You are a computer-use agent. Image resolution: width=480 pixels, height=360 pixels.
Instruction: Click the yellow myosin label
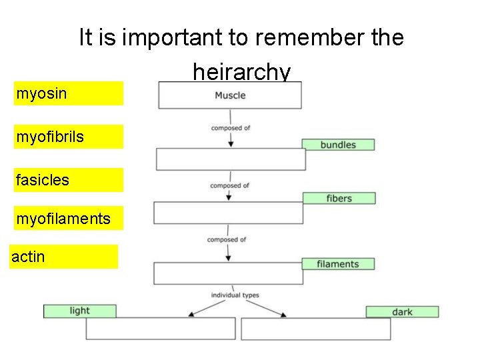(x=69, y=93)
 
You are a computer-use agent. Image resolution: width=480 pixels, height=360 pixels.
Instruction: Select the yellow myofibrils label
(x=69, y=137)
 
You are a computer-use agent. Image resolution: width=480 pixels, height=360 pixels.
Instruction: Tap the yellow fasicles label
(x=69, y=180)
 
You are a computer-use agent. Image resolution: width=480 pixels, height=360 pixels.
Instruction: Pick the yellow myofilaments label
(x=69, y=217)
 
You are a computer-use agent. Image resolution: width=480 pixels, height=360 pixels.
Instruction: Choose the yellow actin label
(x=64, y=256)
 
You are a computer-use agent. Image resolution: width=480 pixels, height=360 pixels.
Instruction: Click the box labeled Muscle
(x=229, y=95)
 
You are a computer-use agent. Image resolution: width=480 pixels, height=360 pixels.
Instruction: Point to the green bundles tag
(x=338, y=145)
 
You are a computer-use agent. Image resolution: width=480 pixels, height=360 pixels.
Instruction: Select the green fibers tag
(x=339, y=198)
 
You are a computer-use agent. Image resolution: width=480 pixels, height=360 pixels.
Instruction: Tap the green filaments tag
(x=337, y=264)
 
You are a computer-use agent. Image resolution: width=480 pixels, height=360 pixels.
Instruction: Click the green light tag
(x=79, y=311)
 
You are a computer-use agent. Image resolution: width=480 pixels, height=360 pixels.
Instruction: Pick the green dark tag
(x=402, y=311)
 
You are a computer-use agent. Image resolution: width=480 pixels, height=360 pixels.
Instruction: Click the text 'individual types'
(x=235, y=295)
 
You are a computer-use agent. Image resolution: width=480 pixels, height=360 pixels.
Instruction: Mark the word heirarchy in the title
(x=241, y=71)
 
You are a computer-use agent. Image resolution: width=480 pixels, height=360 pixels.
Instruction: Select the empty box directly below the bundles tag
(x=231, y=159)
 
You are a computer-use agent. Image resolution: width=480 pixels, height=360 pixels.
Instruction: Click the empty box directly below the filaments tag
(x=228, y=273)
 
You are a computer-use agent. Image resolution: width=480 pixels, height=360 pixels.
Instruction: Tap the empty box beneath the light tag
(x=161, y=328)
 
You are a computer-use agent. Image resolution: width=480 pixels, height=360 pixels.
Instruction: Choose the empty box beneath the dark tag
(x=315, y=329)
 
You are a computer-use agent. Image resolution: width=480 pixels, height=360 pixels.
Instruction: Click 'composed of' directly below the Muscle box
(x=230, y=128)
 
